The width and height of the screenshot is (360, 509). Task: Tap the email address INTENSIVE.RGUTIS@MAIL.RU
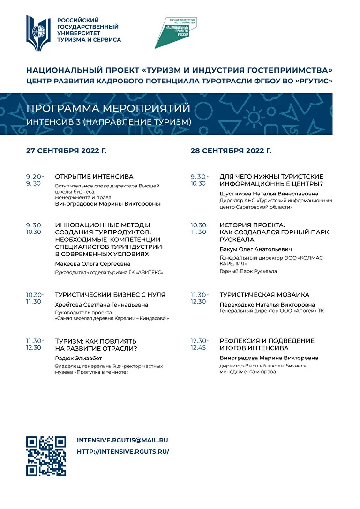(x=122, y=441)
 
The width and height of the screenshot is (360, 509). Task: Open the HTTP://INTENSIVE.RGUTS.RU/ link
(x=122, y=452)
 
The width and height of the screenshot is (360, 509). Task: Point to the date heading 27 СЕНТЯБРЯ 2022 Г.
(x=66, y=151)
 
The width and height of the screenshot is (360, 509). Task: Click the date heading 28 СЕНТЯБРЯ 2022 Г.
(x=231, y=151)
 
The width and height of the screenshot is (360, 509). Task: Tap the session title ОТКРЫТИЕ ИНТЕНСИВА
(x=94, y=177)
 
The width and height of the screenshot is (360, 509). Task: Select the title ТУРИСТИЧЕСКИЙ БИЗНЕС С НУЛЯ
(x=110, y=295)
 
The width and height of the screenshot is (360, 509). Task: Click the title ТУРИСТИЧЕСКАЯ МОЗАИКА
(x=264, y=295)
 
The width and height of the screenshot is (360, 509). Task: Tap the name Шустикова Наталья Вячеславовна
(x=269, y=194)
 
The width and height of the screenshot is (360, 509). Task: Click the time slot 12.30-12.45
(x=199, y=344)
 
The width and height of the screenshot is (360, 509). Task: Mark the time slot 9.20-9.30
(x=35, y=180)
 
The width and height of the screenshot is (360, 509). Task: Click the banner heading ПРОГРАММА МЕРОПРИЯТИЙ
(x=108, y=109)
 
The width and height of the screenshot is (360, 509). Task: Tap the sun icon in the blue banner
(x=255, y=116)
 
